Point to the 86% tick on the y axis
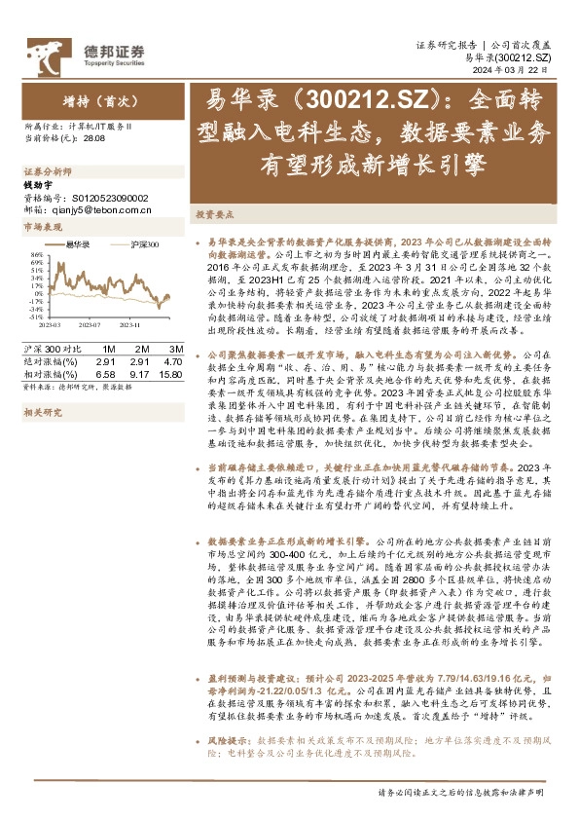[x=36, y=255]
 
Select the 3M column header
[x=174, y=349]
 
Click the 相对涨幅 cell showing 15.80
[x=171, y=372]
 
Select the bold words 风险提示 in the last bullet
[x=227, y=741]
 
